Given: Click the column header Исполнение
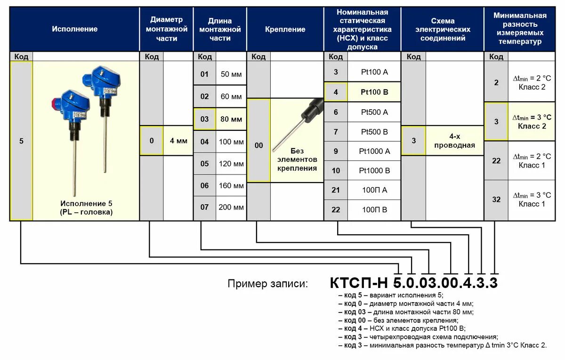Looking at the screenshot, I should [x=75, y=29].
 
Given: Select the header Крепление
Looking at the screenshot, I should [x=285, y=29].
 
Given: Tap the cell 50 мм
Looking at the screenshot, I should [x=231, y=74].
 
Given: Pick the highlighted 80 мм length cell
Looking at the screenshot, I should [x=231, y=119].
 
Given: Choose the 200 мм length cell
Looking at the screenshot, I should [x=231, y=207].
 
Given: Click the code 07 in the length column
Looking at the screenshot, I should [x=204, y=207].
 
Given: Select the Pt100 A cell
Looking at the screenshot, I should [x=374, y=72].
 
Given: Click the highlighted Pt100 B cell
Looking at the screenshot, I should [x=374, y=92].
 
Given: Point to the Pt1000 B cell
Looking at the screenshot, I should [x=374, y=170].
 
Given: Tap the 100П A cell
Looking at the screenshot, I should [x=374, y=190].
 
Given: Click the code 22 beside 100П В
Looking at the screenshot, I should [x=336, y=210].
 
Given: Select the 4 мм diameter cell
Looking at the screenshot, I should [x=178, y=141].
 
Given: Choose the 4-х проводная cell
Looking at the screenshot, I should [x=455, y=141].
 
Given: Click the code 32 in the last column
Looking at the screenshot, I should [x=496, y=200].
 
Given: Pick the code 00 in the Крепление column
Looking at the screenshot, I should [x=259, y=146].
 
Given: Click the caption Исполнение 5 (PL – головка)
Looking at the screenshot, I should [x=86, y=208].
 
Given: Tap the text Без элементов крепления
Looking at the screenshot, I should [x=297, y=160].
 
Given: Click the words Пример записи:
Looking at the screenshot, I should [x=268, y=284].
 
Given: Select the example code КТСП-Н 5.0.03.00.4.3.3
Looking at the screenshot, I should [x=413, y=283].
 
